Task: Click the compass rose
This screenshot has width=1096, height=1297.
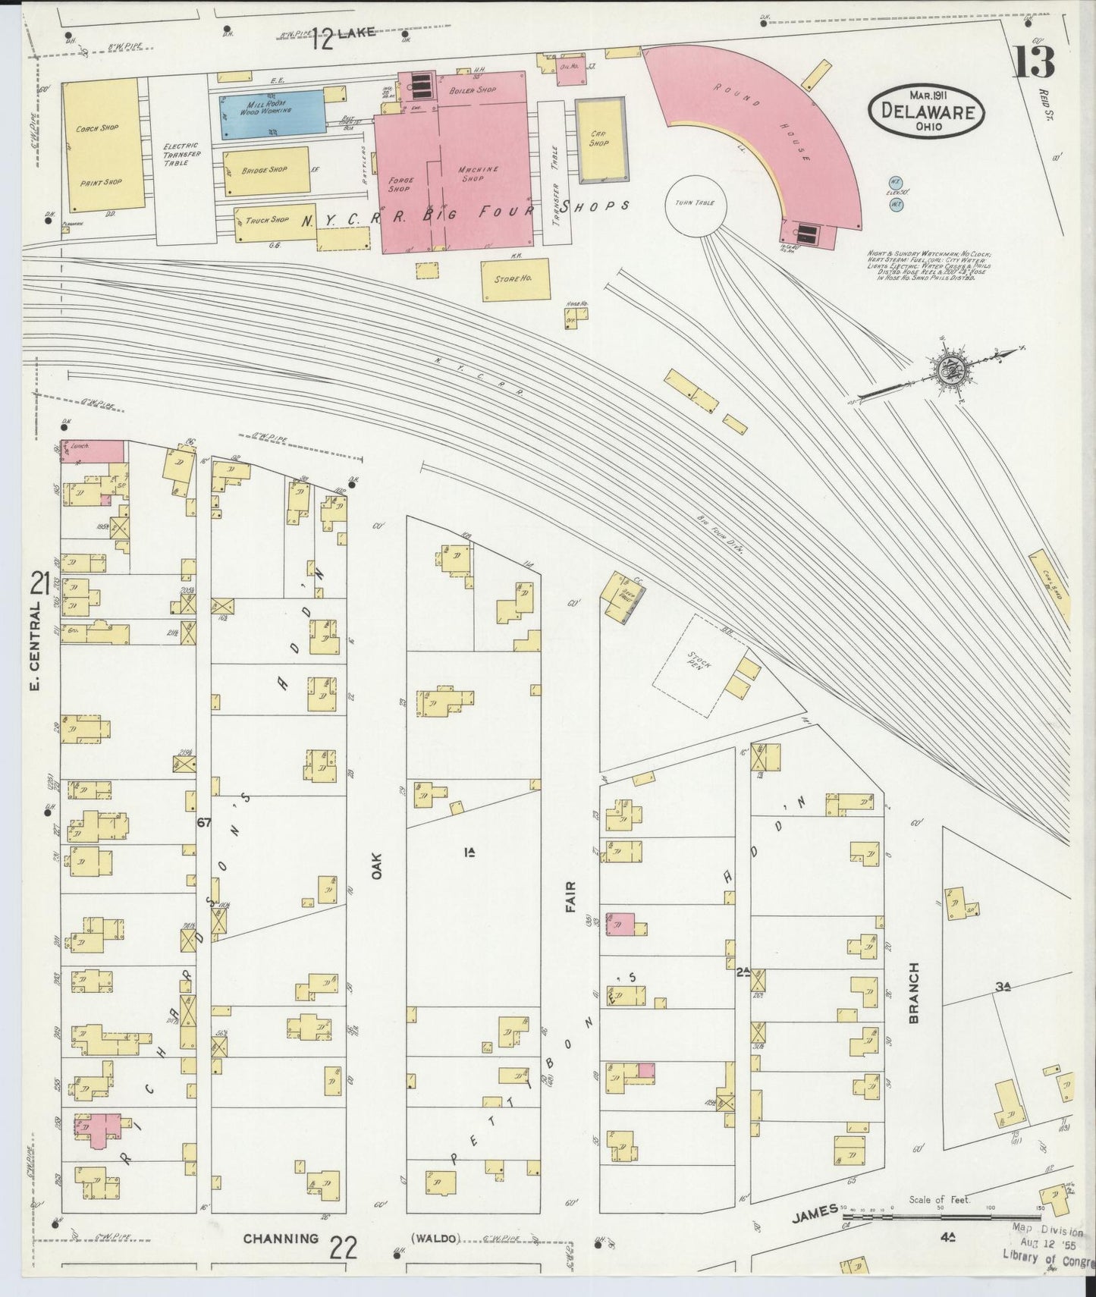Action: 948,372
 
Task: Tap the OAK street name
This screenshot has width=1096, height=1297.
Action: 376,865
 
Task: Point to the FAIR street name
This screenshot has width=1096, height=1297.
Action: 570,897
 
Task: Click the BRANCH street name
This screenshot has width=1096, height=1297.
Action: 913,993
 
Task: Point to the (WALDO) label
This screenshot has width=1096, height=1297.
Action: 435,1239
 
